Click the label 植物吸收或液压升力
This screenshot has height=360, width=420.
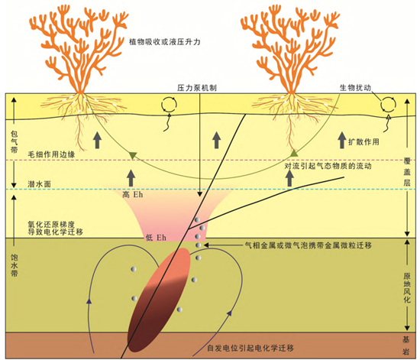[165, 42]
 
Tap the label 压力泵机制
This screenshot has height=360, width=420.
[197, 88]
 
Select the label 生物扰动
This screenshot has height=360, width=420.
[355, 88]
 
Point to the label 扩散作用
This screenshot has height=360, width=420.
[363, 142]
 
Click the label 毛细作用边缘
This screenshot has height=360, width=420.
[51, 154]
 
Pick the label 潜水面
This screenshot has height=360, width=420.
[40, 184]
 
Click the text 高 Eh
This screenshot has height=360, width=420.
[133, 195]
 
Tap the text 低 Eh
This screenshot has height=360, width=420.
[156, 238]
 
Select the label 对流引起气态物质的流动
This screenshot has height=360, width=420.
[328, 166]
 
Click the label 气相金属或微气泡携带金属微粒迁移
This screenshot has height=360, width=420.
[309, 245]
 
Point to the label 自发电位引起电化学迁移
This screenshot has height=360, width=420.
[250, 349]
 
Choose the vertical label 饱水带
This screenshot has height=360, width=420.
[14, 266]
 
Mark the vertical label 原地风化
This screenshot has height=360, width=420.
[407, 288]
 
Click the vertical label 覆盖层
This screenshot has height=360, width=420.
[407, 172]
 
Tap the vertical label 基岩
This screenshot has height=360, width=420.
[406, 345]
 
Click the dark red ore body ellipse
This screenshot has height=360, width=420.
[159, 300]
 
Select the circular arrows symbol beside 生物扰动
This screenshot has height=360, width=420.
[389, 104]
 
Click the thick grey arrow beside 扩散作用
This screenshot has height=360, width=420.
[342, 140]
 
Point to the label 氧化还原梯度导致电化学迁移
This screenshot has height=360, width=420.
[56, 228]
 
